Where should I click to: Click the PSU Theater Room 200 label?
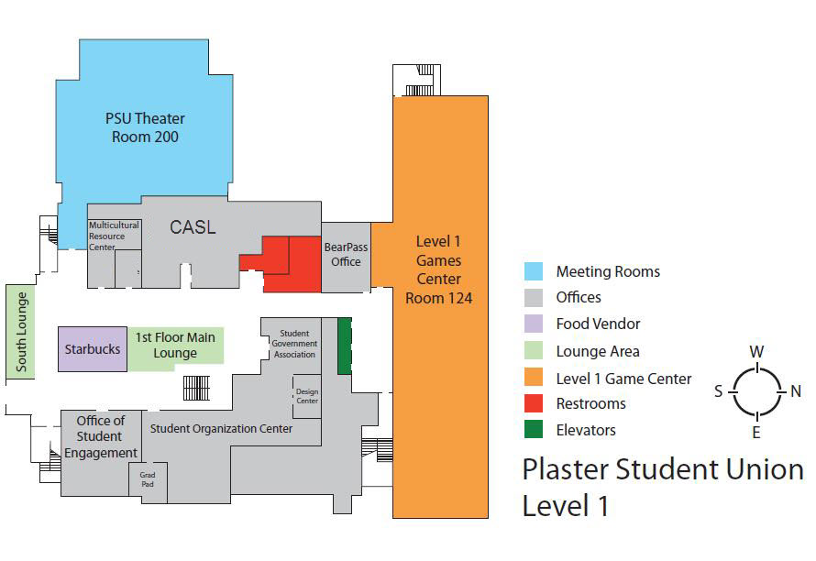tap(145, 127)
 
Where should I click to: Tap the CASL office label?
tap(193, 226)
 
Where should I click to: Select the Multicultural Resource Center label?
tap(114, 236)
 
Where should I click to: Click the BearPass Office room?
tap(345, 255)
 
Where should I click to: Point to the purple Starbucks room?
tap(93, 349)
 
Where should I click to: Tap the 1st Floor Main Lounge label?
tap(174, 345)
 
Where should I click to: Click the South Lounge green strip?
tap(19, 331)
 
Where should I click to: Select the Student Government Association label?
tap(294, 344)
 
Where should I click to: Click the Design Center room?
tap(306, 396)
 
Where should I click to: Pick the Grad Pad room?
tap(148, 480)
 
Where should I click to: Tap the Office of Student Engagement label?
tap(101, 436)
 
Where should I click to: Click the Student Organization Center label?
tap(221, 428)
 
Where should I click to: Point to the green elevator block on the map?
tap(345, 346)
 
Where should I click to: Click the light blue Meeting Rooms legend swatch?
tap(535, 271)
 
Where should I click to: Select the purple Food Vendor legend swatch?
tap(535, 324)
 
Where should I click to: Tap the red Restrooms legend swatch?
tap(535, 403)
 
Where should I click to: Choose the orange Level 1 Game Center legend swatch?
tap(535, 377)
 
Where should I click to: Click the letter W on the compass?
tap(756, 352)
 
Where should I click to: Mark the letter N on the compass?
tap(795, 391)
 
